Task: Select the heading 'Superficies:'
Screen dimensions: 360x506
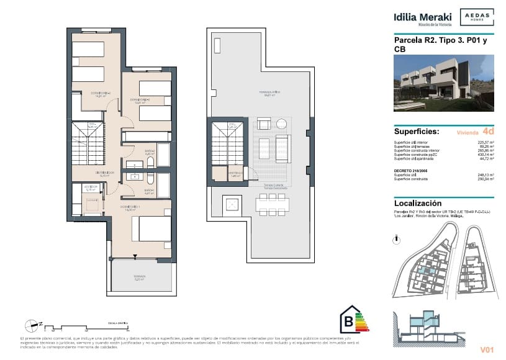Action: point(417,132)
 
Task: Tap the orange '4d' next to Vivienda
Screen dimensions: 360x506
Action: point(488,132)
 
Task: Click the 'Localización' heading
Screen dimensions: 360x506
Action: point(418,203)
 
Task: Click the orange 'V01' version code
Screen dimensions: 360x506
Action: point(486,350)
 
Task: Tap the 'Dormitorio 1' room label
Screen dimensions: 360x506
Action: point(130,207)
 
